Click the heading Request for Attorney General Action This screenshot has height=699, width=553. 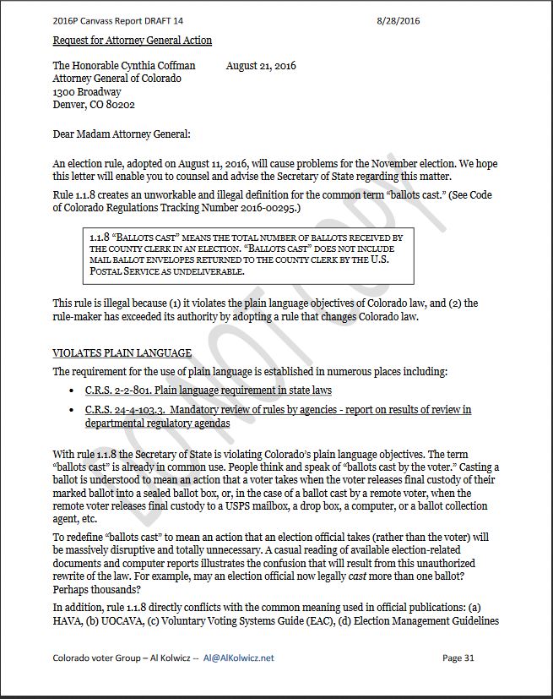coord(133,41)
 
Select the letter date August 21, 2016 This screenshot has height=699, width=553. coord(261,66)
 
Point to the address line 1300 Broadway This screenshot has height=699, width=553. coord(87,92)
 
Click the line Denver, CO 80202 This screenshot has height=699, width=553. coord(94,105)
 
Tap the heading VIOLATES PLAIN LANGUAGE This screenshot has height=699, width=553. coord(122,353)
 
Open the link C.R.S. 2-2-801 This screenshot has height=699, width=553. coord(115,390)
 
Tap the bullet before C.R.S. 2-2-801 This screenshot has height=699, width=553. coord(74,391)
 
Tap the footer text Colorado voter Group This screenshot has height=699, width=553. coord(93,658)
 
